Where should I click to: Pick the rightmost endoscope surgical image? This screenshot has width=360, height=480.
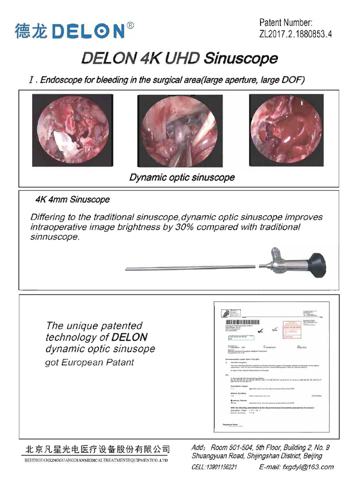[x=286, y=130]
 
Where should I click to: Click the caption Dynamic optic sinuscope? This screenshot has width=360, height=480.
[x=182, y=178]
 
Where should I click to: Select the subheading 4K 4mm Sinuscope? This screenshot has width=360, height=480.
[x=73, y=200]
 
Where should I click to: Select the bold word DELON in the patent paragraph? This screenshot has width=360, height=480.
[x=129, y=337]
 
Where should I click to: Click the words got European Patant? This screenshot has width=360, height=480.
[x=90, y=362]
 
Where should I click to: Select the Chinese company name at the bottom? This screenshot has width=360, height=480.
[x=97, y=449]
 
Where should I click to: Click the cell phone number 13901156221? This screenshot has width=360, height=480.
[x=221, y=467]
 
